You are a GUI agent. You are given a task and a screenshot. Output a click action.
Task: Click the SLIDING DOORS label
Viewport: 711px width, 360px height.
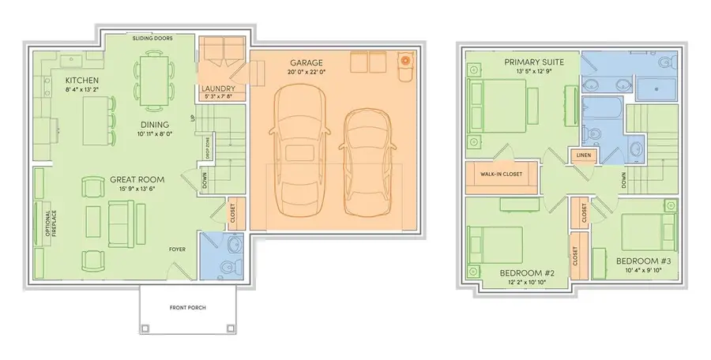(x=152, y=38)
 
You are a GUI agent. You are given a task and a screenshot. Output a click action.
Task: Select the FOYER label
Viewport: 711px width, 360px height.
(x=178, y=249)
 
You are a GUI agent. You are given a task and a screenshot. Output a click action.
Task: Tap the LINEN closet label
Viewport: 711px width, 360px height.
(x=585, y=155)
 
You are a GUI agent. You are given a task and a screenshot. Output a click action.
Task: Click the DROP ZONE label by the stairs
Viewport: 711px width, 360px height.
(x=207, y=149)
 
